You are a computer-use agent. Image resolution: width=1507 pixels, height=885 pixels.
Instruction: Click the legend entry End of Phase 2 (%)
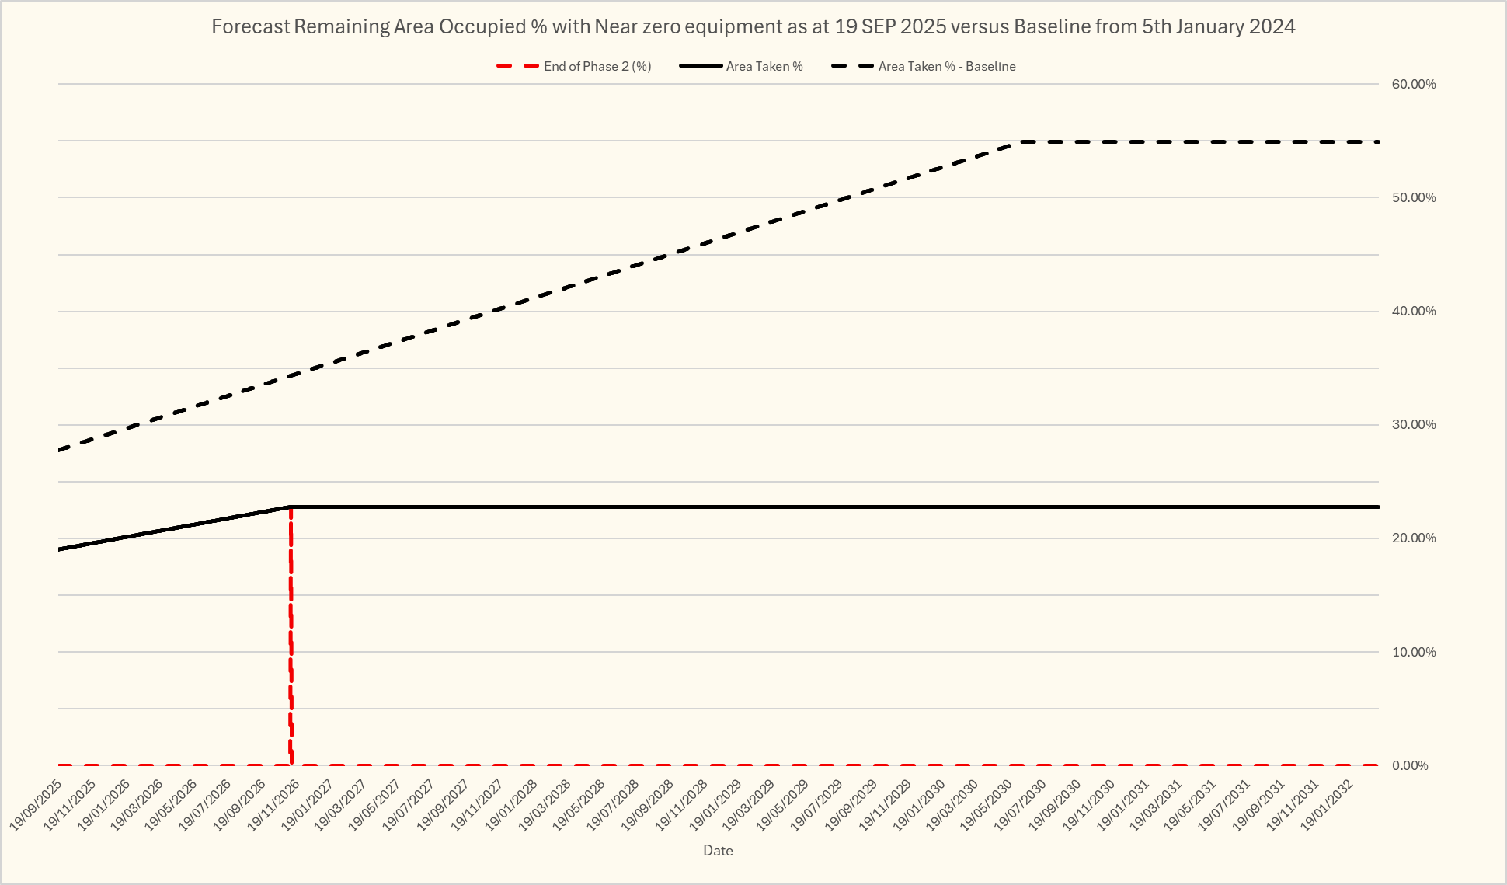597,67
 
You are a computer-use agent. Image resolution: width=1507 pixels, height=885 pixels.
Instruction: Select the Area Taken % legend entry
764,67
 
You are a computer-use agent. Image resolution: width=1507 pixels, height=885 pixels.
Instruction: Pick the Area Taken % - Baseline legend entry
946,67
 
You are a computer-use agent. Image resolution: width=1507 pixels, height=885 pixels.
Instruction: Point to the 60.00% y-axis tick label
1413,84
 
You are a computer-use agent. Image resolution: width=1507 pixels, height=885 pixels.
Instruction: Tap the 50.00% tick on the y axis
1413,197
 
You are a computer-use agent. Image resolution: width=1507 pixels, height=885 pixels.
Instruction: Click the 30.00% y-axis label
1413,424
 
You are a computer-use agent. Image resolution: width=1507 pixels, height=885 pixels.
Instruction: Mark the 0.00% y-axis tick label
1410,765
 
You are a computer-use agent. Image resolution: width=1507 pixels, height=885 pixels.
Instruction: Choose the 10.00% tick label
1413,652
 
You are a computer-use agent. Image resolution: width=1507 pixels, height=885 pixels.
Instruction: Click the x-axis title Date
718,851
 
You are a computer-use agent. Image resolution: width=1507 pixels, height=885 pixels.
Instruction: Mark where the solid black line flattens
291,507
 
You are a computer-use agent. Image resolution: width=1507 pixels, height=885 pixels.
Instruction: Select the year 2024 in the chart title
1272,27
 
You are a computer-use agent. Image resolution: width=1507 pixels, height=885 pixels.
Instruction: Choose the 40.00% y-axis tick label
1413,311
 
